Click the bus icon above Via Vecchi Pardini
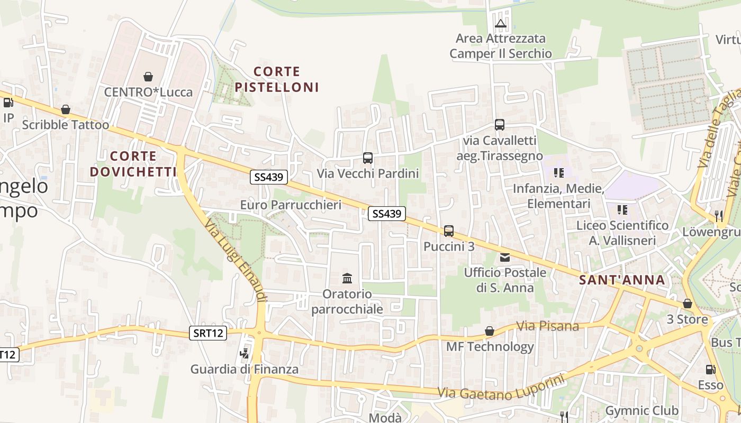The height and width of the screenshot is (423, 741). click(x=368, y=158)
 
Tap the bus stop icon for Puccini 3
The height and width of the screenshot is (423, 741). click(x=449, y=231)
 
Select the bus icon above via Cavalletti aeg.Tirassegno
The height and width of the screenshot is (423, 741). click(x=500, y=125)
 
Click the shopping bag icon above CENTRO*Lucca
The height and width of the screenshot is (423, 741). click(x=148, y=77)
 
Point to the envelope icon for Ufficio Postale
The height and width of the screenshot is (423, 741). click(x=504, y=258)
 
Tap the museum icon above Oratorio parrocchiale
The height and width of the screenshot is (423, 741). click(x=347, y=278)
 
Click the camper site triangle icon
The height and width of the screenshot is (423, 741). click(x=501, y=23)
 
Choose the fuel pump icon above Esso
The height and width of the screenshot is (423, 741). click(x=710, y=370)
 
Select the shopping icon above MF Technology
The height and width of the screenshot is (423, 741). click(x=490, y=332)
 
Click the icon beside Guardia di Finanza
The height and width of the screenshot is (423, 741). click(x=244, y=353)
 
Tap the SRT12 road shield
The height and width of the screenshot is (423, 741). click(x=208, y=333)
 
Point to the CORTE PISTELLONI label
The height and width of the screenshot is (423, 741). click(x=277, y=79)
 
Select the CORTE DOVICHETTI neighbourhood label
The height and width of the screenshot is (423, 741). click(x=133, y=164)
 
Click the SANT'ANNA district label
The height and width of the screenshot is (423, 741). click(x=622, y=280)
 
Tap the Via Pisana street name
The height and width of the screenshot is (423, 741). click(x=547, y=326)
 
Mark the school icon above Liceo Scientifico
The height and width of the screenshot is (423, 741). click(x=622, y=210)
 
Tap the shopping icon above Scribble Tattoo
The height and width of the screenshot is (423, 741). click(x=66, y=109)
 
